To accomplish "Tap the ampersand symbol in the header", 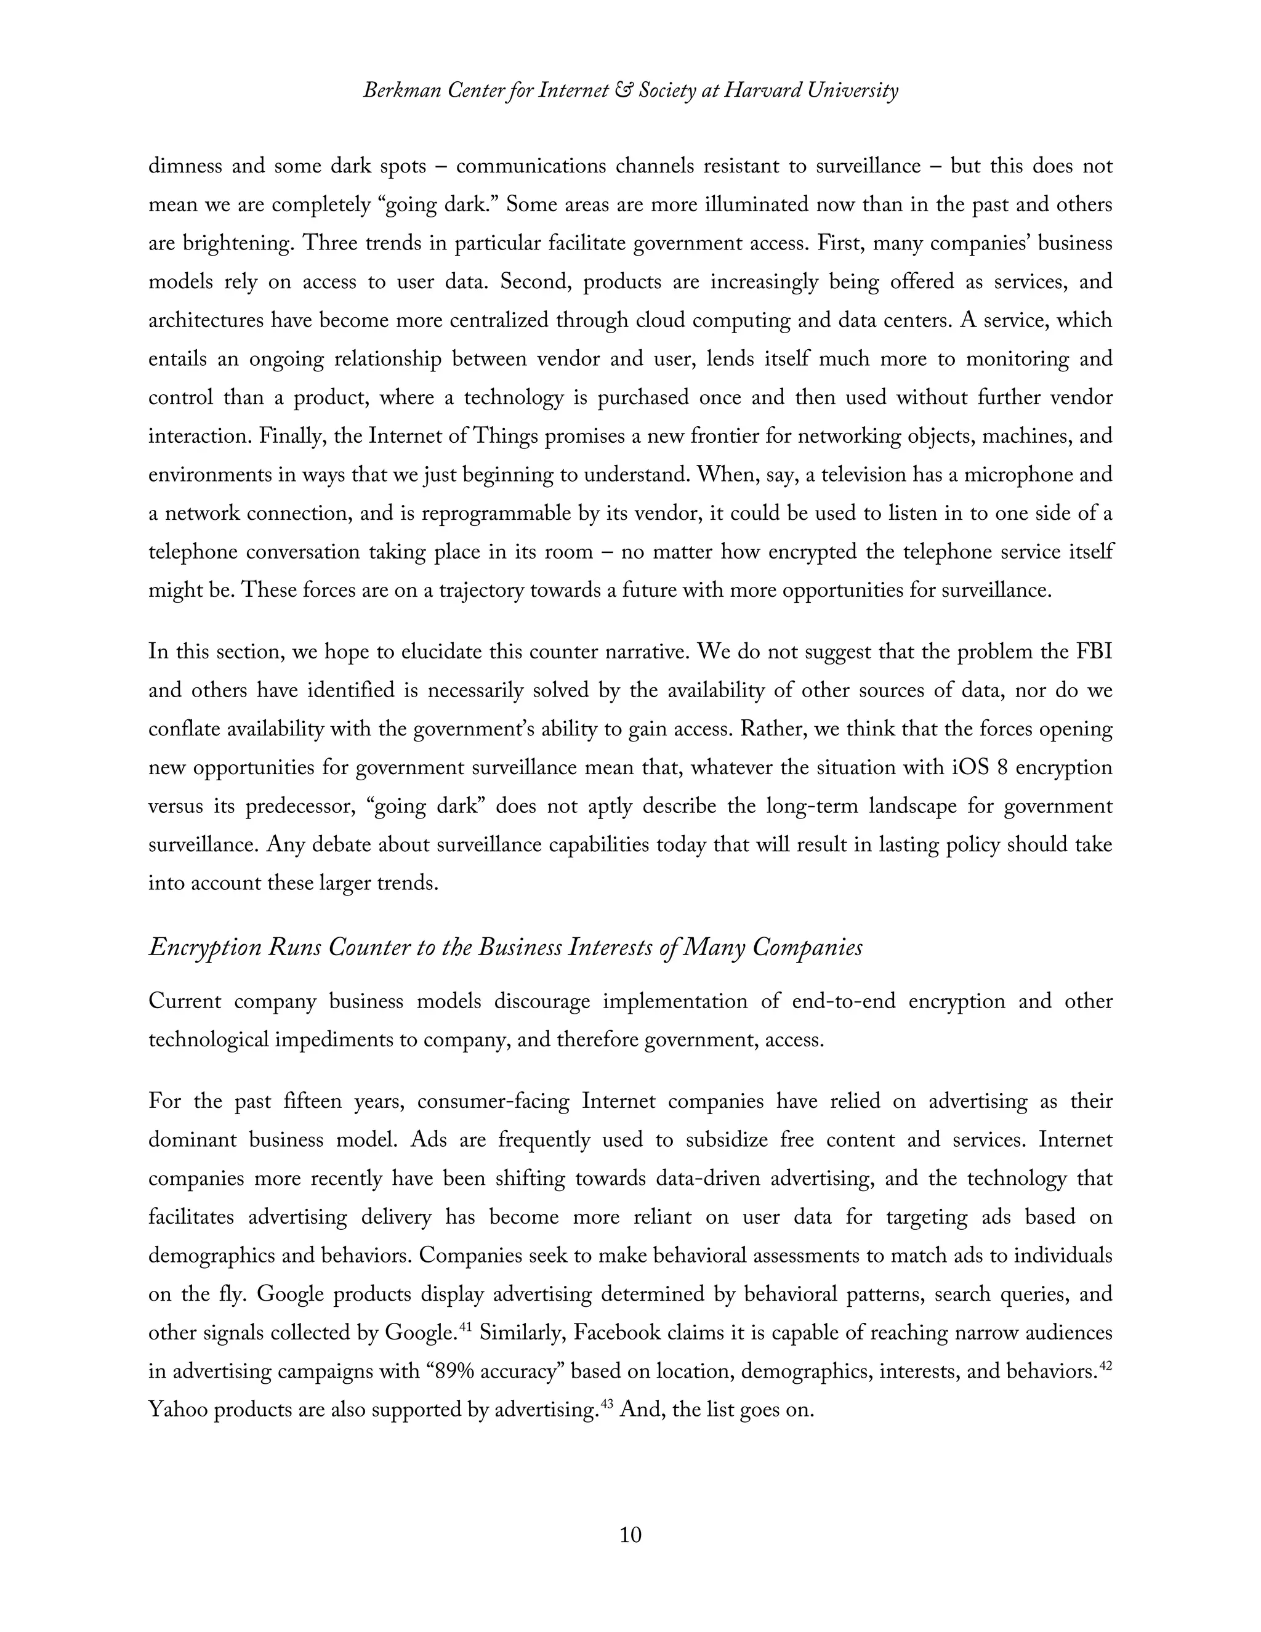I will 620,91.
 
